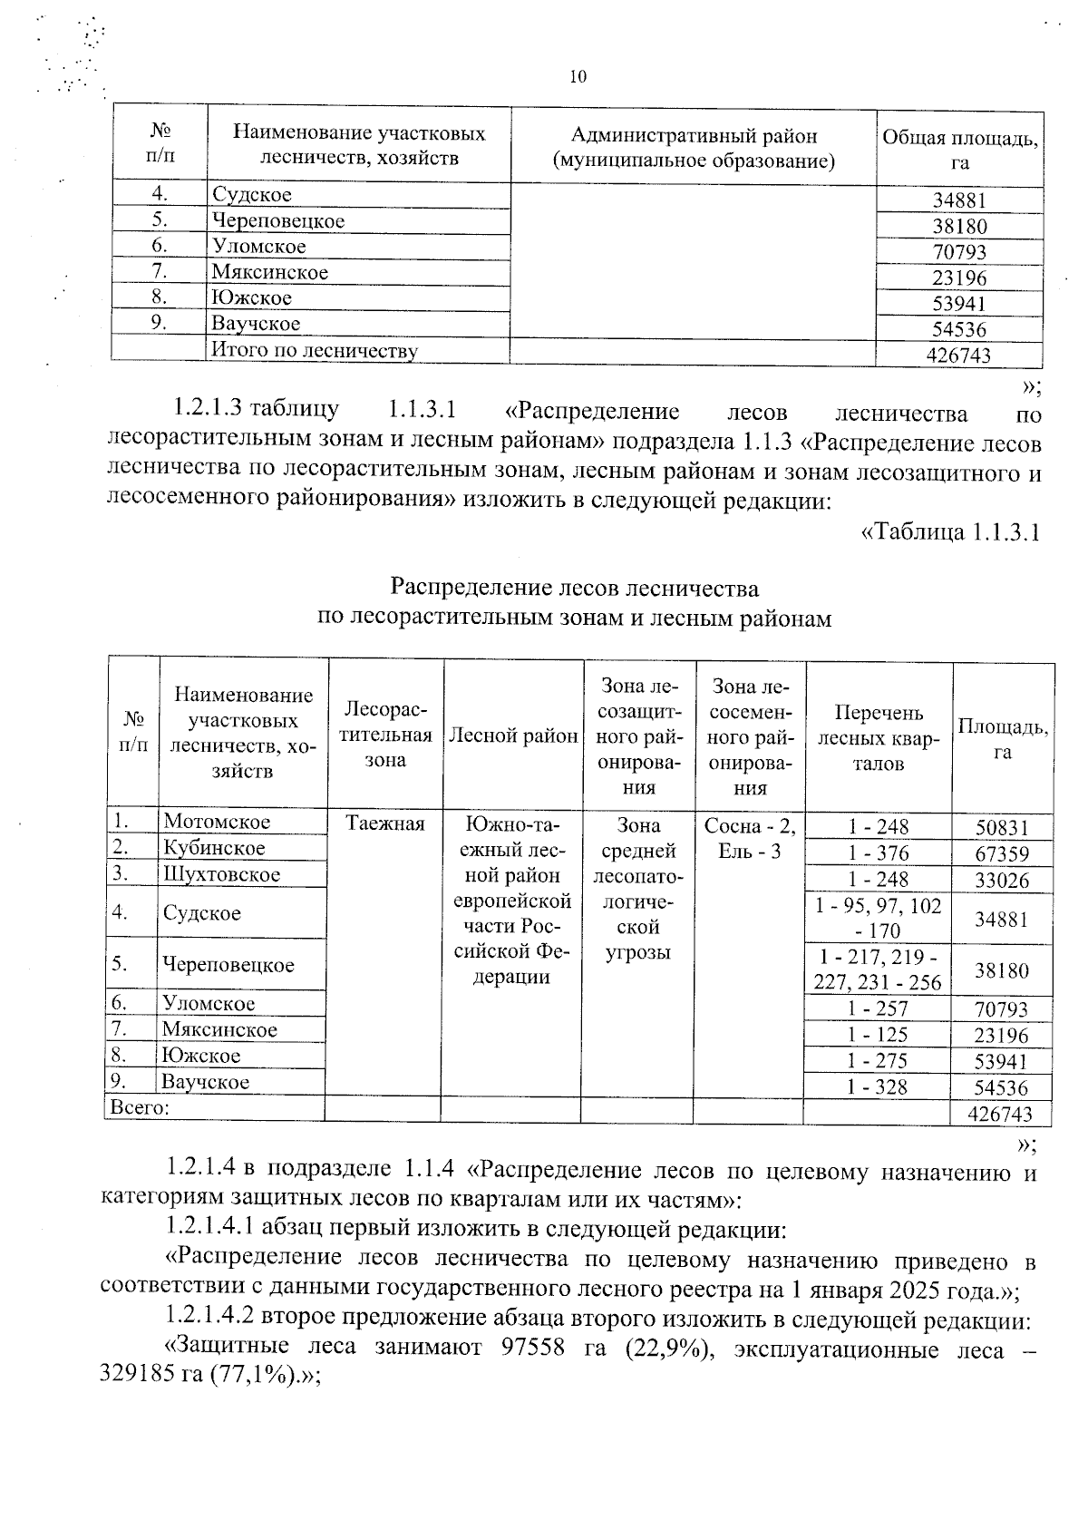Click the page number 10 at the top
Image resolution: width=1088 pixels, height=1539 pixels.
578,77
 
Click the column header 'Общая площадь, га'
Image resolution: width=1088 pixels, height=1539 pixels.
959,150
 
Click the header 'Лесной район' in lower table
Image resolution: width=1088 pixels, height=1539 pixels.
513,736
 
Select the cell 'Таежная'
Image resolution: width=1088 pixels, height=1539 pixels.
385,823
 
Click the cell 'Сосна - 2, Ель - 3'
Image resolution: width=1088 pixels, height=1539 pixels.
749,838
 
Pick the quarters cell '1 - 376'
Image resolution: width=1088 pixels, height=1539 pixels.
878,853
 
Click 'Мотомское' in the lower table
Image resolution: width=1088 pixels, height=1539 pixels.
217,822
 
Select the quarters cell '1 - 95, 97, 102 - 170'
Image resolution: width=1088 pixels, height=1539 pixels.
878,918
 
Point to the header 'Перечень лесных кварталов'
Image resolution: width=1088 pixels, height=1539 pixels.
879,737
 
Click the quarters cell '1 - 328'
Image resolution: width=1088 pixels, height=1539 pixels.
878,1087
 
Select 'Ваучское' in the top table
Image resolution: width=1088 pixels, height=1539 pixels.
256,324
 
